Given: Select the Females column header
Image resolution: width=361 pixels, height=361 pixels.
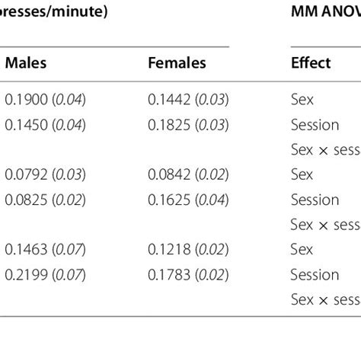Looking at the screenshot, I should pyautogui.click(x=177, y=63).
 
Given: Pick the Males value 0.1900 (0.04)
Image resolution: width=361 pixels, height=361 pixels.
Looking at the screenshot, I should pyautogui.click(x=46, y=98).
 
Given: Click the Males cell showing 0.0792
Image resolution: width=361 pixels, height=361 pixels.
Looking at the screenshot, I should pyautogui.click(x=46, y=174).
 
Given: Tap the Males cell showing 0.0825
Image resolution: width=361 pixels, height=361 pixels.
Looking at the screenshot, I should pyautogui.click(x=46, y=199).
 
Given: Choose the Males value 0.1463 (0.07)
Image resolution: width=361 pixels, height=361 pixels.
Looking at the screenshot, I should pyautogui.click(x=46, y=249).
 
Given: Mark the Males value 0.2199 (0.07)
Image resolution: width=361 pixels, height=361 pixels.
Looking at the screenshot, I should pyautogui.click(x=46, y=274).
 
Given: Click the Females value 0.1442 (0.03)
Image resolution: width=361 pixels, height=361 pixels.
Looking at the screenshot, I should pyautogui.click(x=188, y=98).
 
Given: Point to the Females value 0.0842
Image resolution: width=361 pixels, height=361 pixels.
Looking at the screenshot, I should pyautogui.click(x=188, y=174).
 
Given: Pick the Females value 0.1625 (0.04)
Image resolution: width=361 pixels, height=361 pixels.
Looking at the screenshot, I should pyautogui.click(x=188, y=199).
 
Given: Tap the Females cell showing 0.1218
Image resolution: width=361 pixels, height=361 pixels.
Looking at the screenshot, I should pyautogui.click(x=188, y=249).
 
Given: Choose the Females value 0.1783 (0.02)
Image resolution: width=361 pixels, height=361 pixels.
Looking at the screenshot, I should pyautogui.click(x=188, y=274).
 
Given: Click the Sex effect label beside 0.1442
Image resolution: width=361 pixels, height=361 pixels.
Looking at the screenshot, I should pyautogui.click(x=302, y=98).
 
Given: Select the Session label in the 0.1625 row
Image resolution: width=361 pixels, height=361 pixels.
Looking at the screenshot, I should pyautogui.click(x=315, y=199).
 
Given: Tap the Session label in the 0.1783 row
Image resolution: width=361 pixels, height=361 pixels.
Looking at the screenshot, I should pyautogui.click(x=315, y=274).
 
